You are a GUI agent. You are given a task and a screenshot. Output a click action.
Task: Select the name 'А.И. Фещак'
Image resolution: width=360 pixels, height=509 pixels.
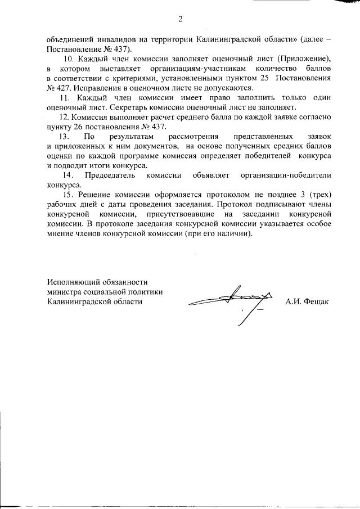tap(307, 301)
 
